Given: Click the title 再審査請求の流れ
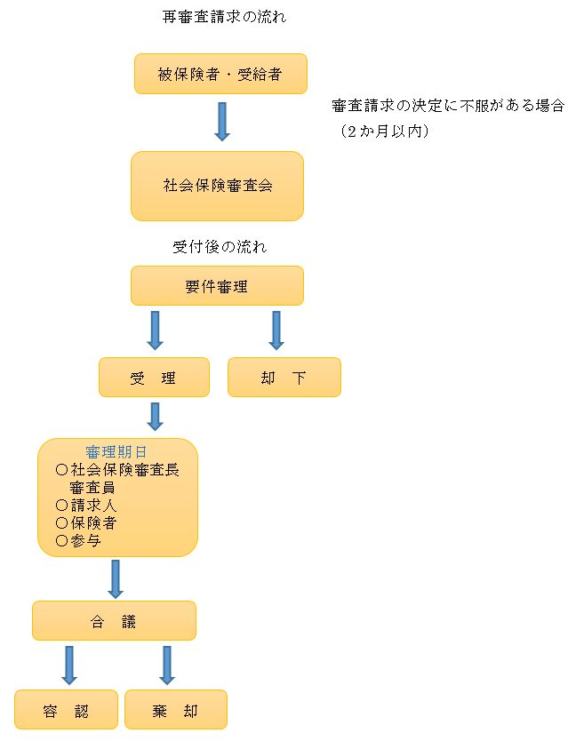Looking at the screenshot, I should pyautogui.click(x=224, y=17).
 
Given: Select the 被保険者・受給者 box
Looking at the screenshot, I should pyautogui.click(x=220, y=74).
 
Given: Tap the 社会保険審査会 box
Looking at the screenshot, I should pyautogui.click(x=218, y=186).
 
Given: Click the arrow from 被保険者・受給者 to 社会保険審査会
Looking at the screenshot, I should pyautogui.click(x=222, y=122).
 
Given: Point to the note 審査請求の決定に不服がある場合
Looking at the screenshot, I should pyautogui.click(x=448, y=106).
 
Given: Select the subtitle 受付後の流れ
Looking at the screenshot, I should pyautogui.click(x=219, y=247).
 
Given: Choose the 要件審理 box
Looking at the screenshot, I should pyautogui.click(x=217, y=286).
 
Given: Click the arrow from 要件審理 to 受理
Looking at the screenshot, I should pyautogui.click(x=156, y=330).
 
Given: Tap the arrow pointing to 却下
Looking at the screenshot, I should pyautogui.click(x=276, y=330).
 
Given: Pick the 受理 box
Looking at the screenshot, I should pyautogui.click(x=154, y=378).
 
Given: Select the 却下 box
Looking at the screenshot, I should pyautogui.click(x=284, y=378).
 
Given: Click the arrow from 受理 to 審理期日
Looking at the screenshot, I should pyautogui.click(x=156, y=417).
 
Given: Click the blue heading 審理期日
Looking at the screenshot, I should pyautogui.click(x=116, y=452).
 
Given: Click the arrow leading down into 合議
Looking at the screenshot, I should pyautogui.click(x=115, y=579).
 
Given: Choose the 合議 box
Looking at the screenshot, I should pyautogui.click(x=114, y=621).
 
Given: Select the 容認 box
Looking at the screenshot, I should pyautogui.click(x=66, y=710).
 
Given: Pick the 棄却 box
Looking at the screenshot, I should pyautogui.click(x=176, y=710).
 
